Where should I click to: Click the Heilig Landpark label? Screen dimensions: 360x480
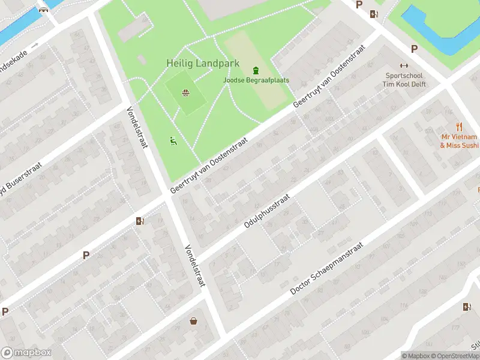click(203, 63)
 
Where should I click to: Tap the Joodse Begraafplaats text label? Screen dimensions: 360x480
click(256, 80)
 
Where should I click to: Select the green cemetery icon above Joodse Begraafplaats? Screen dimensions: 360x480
click(256, 70)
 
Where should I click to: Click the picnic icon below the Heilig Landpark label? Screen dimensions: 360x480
click(186, 92)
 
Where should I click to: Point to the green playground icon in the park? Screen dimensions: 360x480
click(173, 141)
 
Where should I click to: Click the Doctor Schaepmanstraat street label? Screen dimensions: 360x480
click(326, 268)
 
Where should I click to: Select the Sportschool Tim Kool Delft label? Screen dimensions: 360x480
click(404, 80)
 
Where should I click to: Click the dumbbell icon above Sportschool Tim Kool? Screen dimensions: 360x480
click(404, 66)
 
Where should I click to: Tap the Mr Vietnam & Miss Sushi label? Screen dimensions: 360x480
click(460, 141)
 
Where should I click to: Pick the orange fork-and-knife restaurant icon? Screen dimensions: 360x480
click(460, 127)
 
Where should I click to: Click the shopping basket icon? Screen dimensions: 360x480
click(194, 321)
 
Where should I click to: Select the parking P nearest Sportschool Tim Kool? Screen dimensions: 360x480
click(413, 49)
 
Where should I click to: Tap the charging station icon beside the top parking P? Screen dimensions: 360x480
click(374, 14)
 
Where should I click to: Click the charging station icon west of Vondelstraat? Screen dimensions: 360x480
click(140, 221)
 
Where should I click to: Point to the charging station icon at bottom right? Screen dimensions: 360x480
click(467, 307)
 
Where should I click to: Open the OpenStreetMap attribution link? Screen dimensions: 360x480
click(455, 356)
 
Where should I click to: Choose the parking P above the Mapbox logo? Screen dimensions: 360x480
click(5, 311)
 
